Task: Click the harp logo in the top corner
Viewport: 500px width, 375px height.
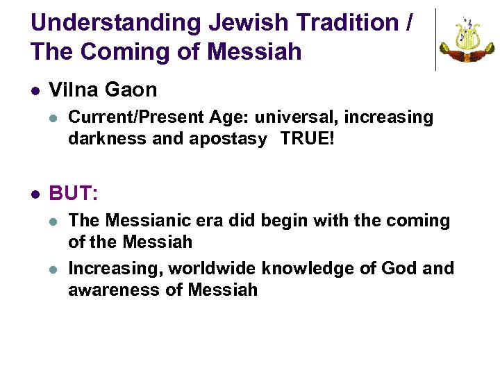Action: pos(467,40)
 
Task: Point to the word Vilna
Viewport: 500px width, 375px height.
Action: pos(75,90)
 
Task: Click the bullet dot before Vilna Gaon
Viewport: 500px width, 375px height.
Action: pos(35,90)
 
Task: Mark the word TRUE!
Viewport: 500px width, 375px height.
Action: pos(308,139)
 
